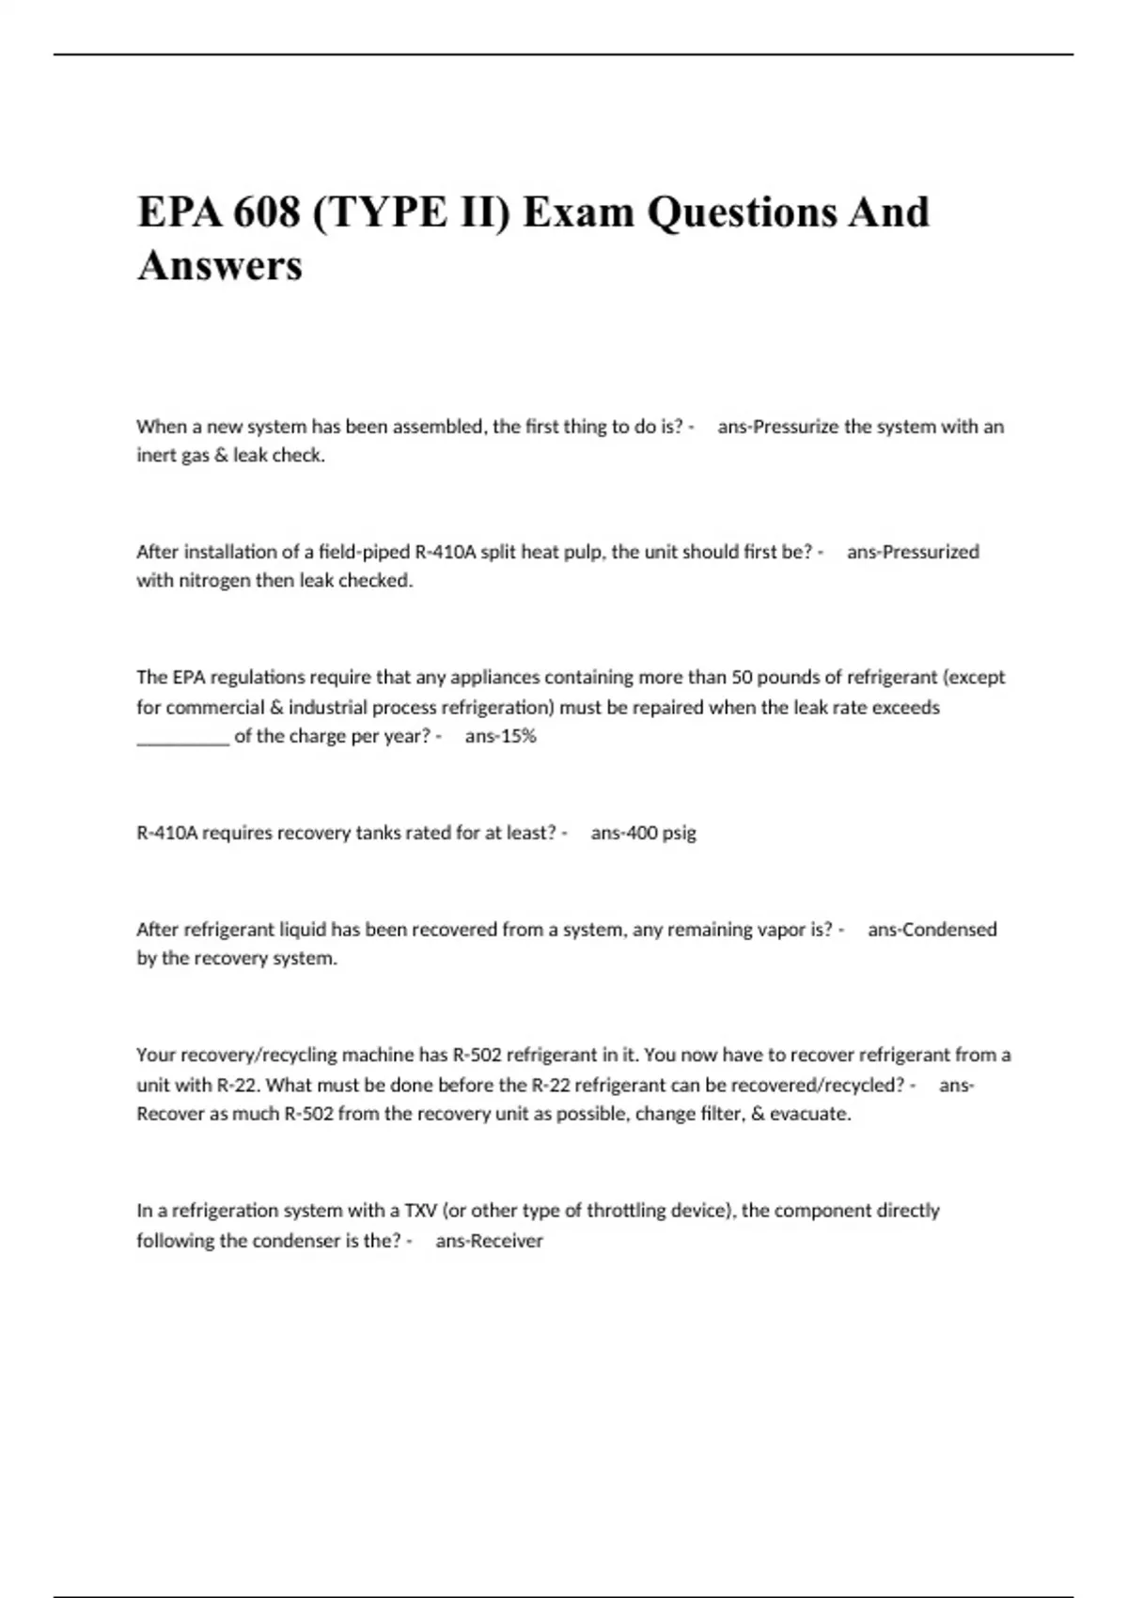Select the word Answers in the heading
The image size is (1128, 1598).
pyautogui.click(x=220, y=265)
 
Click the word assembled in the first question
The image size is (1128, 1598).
pyautogui.click(x=439, y=427)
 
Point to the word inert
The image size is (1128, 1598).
pyautogui.click(x=156, y=456)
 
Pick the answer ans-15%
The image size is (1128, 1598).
pyautogui.click(x=500, y=736)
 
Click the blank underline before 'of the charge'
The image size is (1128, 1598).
pyautogui.click(x=182, y=738)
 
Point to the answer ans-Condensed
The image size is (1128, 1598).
pyautogui.click(x=932, y=930)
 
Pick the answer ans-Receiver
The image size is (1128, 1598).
pyautogui.click(x=489, y=1241)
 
